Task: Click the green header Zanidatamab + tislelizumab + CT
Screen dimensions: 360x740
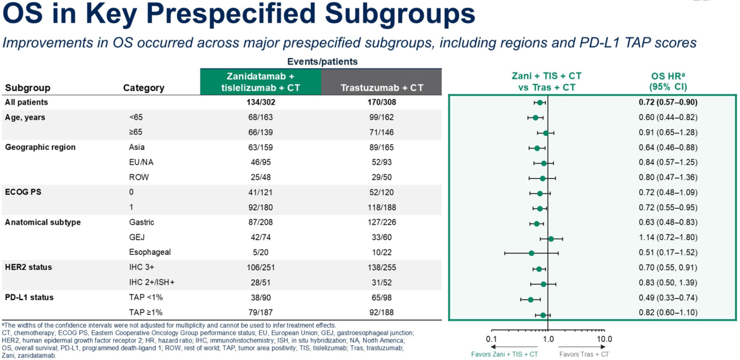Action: [x=260, y=82]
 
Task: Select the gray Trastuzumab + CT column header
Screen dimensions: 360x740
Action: [x=382, y=88]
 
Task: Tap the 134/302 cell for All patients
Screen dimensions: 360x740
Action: [x=260, y=102]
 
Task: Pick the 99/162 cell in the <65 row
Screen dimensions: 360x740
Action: [x=382, y=117]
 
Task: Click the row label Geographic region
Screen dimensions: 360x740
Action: [x=40, y=147]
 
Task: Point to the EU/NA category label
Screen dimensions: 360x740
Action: [x=141, y=162]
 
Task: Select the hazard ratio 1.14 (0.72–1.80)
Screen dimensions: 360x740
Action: [x=664, y=238]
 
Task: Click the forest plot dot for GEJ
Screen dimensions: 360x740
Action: [x=551, y=239]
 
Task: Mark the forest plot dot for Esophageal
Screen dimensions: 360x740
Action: [x=531, y=253]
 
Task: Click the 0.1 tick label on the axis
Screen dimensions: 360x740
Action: [x=491, y=339]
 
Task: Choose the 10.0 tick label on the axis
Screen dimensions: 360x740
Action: [x=604, y=339]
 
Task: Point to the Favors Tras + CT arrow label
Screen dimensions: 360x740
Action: [x=584, y=354]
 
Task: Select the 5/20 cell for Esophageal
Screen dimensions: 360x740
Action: [x=260, y=252]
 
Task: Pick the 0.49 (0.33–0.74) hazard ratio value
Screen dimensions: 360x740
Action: [x=664, y=298]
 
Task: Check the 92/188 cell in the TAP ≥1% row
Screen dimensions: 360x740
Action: [x=382, y=312]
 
